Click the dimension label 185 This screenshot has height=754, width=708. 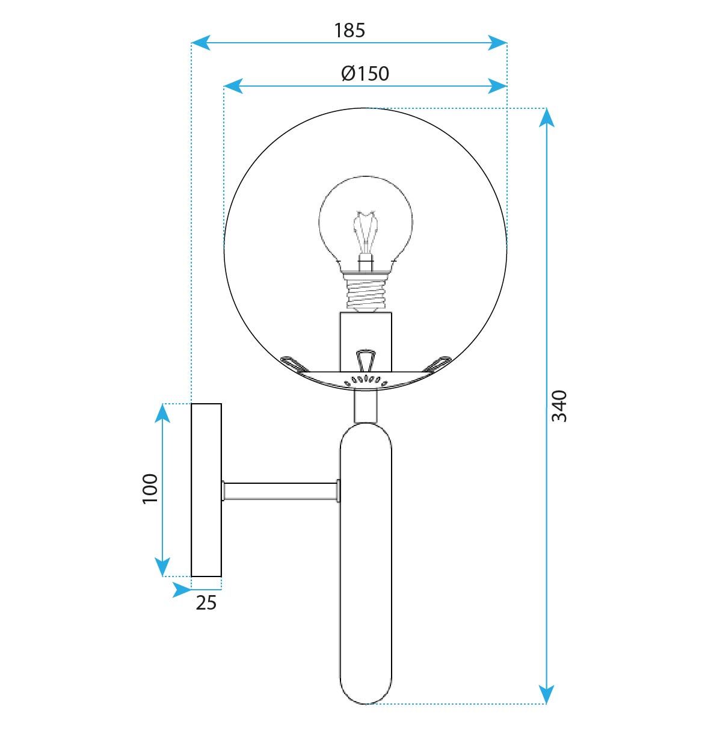pos(349,30)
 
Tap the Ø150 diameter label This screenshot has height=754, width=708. pos(365,73)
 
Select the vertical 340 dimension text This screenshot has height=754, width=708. pos(559,406)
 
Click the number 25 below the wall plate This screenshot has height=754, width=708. pos(206,602)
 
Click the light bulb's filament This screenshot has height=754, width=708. pos(366,232)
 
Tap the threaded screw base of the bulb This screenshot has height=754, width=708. pos(366,294)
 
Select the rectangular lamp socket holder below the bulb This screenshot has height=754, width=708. pos(366,341)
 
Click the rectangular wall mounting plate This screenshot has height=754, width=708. pos(206,490)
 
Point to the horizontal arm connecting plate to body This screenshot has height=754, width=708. pos(280,491)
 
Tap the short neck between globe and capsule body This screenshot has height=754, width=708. pos(366,406)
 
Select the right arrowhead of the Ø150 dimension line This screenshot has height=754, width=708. pos(498,86)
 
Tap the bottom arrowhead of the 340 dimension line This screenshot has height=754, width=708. pos(546,694)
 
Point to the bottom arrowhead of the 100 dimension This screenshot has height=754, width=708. pos(162,567)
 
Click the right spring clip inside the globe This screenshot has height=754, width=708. pos(438,363)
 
